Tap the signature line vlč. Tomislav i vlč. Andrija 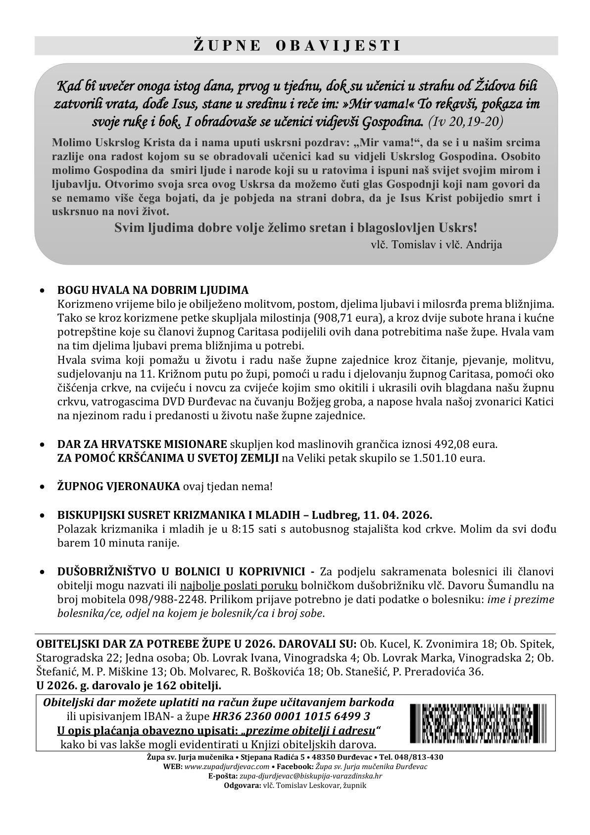click(x=436, y=244)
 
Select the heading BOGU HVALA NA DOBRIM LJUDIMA click(x=153, y=290)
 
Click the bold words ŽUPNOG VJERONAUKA click(x=119, y=486)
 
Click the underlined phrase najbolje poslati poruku click(x=239, y=585)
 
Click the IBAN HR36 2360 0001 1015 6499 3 click(x=291, y=716)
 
